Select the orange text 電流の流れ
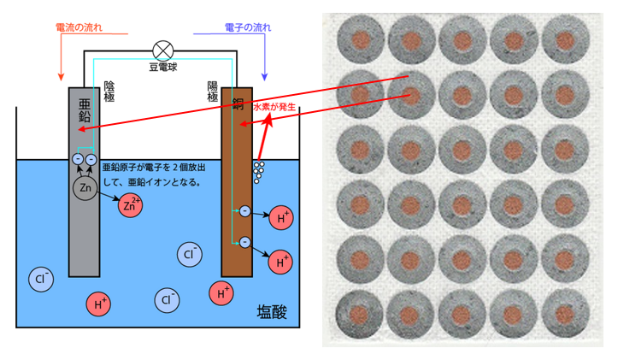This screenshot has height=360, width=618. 79,27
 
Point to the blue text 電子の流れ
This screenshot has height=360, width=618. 248,27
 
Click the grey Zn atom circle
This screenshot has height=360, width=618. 85,186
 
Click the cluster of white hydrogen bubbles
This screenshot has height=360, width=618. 259,171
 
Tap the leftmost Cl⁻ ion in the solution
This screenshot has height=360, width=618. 41,278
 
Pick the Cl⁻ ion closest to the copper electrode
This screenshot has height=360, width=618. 190,253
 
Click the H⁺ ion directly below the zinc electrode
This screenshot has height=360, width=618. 99,303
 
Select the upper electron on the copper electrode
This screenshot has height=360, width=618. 244,210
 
